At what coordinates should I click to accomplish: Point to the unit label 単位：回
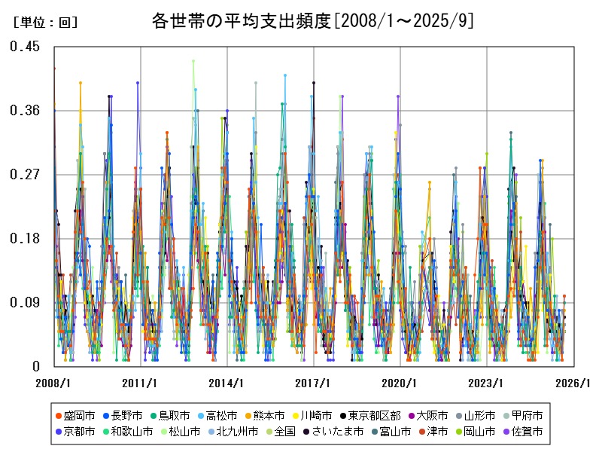coord(46,23)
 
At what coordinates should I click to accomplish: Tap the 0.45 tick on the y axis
coord(25,47)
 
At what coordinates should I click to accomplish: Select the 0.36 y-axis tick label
coord(25,111)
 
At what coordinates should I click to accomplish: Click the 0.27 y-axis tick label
coord(25,175)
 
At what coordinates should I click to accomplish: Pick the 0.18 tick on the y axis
coord(25,239)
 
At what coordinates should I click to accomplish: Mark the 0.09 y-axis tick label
coord(25,303)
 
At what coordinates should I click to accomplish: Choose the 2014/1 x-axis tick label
coord(227,383)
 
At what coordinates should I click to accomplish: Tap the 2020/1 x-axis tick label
coord(400,383)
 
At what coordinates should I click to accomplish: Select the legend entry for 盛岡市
coord(74,415)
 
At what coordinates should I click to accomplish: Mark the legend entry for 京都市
coord(74,432)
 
